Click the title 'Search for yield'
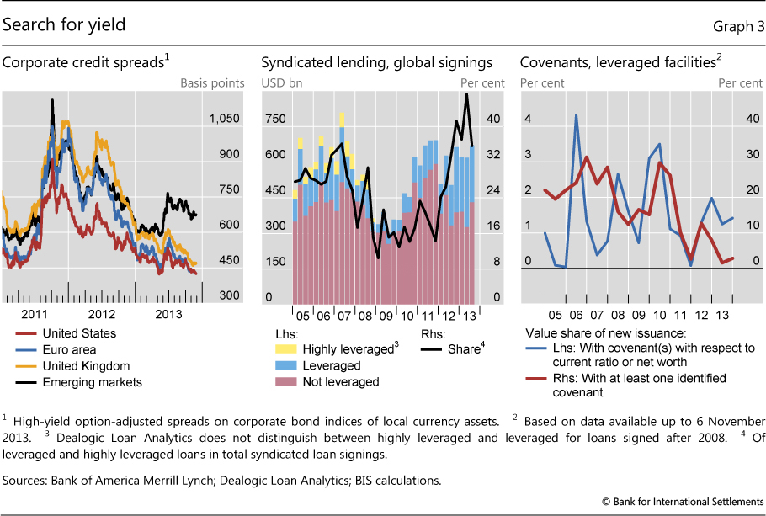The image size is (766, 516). [64, 25]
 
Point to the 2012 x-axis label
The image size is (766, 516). [102, 313]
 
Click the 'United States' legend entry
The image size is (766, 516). [79, 333]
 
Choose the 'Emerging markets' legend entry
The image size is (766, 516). [92, 381]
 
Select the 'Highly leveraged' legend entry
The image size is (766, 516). [346, 349]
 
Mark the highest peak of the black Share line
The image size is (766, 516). [466, 93]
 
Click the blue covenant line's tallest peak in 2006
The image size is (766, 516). [576, 114]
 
